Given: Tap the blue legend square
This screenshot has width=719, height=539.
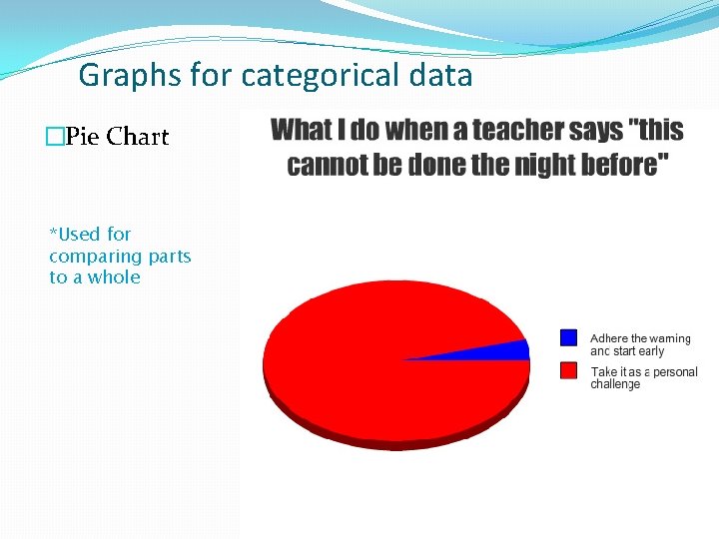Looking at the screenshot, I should (x=569, y=337).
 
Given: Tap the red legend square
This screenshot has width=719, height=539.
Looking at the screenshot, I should (x=569, y=370).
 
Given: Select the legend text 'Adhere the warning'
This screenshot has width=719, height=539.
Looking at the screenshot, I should (x=640, y=338).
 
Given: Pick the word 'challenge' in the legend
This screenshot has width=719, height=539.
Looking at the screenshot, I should (x=615, y=384).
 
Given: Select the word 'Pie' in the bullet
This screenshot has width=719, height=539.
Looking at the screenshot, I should (x=82, y=136).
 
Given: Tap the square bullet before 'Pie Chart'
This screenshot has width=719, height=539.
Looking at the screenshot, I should (x=54, y=137).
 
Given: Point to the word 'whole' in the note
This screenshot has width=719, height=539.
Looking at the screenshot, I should (x=114, y=277).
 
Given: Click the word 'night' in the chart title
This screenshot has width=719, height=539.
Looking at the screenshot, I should (x=545, y=165).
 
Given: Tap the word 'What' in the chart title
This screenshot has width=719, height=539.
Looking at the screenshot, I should (x=303, y=130).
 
